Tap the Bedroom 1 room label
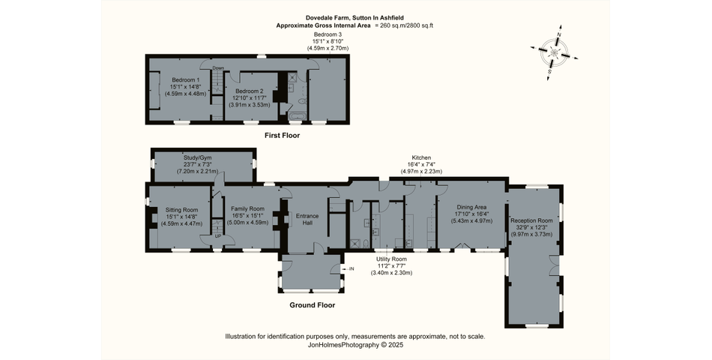(185, 80)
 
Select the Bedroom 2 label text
(249, 90)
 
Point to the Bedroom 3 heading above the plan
(328, 34)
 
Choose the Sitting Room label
(182, 209)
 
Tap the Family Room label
(247, 208)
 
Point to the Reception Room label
(531, 220)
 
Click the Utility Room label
(391, 258)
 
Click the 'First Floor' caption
(282, 136)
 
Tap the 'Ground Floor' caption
(312, 305)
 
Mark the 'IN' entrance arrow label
(351, 268)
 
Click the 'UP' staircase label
(218, 236)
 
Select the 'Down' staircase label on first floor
(218, 68)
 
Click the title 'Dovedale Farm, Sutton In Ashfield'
(355, 17)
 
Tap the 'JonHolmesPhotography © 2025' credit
(355, 345)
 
